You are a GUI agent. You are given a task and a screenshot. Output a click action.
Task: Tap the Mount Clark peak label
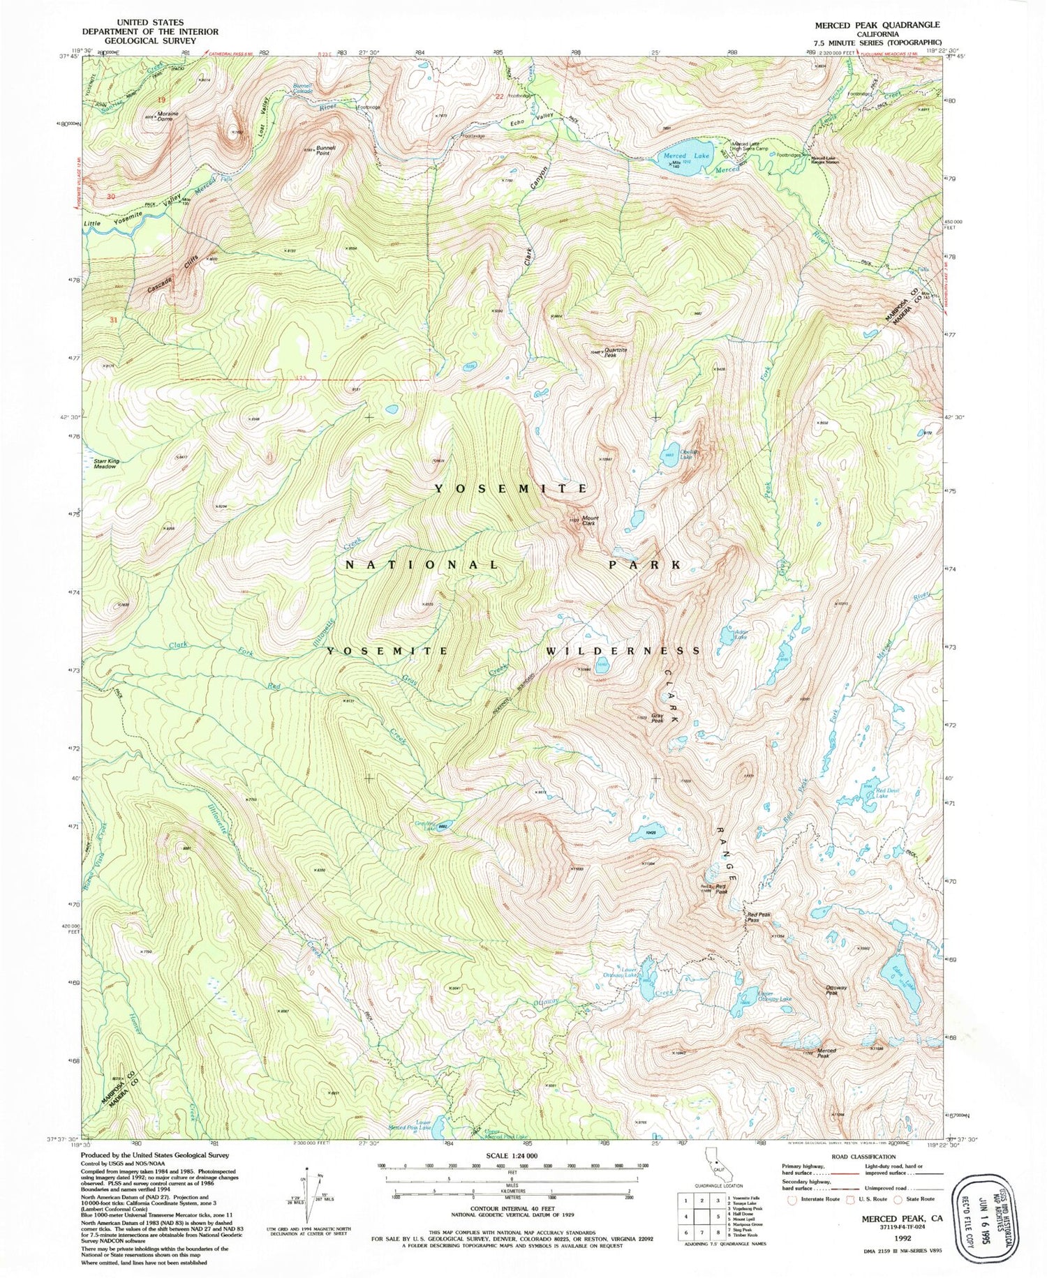(590, 520)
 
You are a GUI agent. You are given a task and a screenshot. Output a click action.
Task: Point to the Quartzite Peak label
(610, 353)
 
